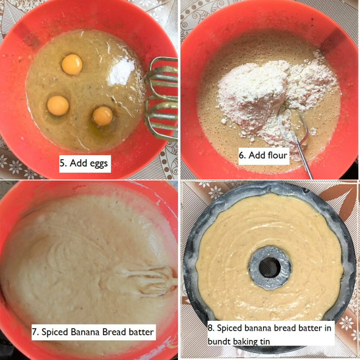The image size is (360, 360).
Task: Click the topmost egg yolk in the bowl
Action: (x=72, y=64)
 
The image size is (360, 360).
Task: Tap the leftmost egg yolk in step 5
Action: (x=58, y=106)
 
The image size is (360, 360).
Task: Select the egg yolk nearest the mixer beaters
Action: (x=103, y=116)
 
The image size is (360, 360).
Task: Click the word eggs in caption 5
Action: (x=96, y=164)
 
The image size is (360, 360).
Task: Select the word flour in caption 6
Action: (x=278, y=155)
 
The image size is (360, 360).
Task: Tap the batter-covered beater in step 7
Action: (x=148, y=280)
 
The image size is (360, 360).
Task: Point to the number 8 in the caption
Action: (x=210, y=328)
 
